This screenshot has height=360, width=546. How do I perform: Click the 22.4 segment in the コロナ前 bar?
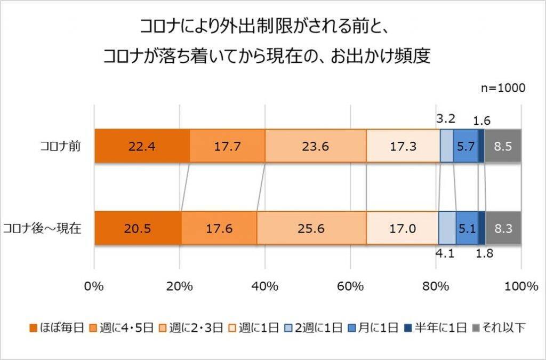coord(142,146)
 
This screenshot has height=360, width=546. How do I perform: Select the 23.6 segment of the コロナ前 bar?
coord(316,146)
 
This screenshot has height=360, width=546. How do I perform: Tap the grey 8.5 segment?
coord(503,146)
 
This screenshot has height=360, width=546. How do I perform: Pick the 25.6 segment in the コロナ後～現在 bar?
coord(311,228)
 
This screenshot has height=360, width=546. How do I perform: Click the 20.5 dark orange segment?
coord(138,228)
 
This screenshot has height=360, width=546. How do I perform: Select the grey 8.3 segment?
coord(503,228)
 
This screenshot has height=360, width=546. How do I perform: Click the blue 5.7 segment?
coord(465,146)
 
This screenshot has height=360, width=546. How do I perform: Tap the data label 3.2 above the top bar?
coord(445,118)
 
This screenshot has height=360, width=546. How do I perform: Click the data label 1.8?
coord(484,254)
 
